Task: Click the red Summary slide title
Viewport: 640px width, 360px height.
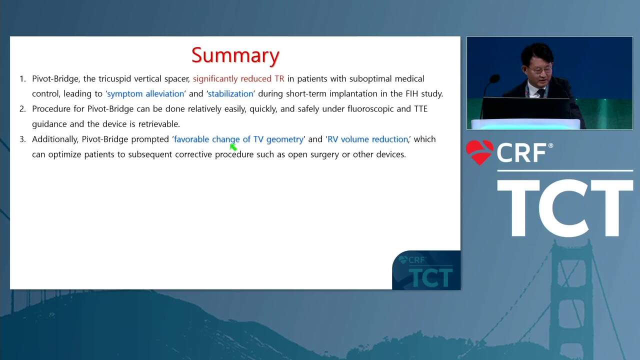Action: tap(235, 55)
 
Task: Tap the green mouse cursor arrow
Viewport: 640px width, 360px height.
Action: tap(233, 147)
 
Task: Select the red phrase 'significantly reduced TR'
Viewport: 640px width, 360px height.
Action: tap(238, 79)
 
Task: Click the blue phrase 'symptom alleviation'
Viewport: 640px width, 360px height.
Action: tap(145, 93)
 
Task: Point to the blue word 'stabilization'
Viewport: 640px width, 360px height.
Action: tap(230, 93)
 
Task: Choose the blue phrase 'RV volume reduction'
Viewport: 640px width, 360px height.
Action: tap(367, 139)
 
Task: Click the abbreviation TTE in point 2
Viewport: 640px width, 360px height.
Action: tap(420, 109)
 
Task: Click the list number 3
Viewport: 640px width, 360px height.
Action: tap(22, 139)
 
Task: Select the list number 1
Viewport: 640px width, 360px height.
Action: tap(22, 79)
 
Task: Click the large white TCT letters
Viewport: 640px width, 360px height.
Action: tap(565, 208)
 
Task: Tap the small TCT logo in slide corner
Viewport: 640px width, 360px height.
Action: tap(426, 270)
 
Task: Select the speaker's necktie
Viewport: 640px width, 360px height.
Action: tap(541, 93)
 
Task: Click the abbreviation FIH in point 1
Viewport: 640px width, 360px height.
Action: tap(411, 93)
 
